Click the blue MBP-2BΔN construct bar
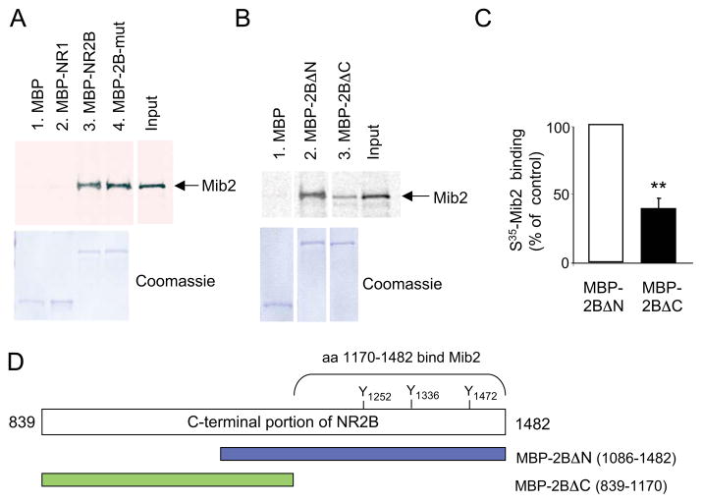click(x=362, y=454)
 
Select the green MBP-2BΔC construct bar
click(x=167, y=479)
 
